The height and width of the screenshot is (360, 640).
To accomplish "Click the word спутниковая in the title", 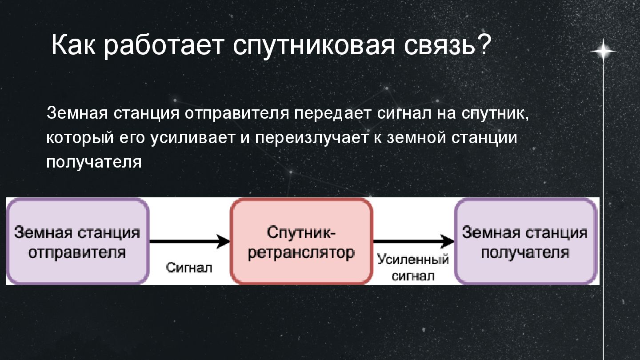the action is [x=313, y=45].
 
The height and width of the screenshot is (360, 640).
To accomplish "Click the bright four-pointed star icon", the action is [x=603, y=52].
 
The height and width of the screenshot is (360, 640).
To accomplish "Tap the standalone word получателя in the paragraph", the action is [x=94, y=162].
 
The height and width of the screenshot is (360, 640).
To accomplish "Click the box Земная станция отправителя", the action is [x=77, y=241].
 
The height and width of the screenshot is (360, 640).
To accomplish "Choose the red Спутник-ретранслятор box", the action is [x=301, y=241].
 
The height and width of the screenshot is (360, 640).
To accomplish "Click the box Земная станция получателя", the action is [x=525, y=241].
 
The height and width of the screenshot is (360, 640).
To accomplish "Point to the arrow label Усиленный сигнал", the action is [x=413, y=268].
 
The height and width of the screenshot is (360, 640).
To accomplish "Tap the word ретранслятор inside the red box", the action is [x=301, y=252].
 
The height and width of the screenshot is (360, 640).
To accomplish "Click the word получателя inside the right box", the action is [x=525, y=252].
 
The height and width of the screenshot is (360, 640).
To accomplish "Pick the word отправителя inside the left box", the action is [x=77, y=252].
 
